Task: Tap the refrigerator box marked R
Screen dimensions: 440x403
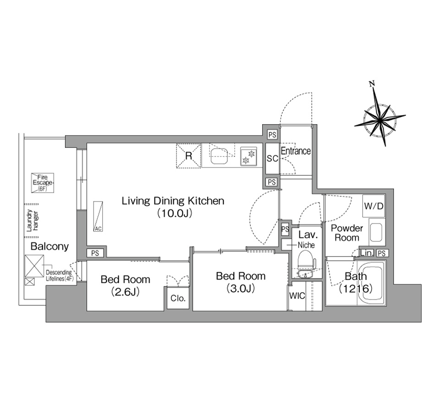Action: click(x=188, y=156)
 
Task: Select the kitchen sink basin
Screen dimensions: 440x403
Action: click(x=219, y=156)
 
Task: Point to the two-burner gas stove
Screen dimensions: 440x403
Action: click(x=248, y=157)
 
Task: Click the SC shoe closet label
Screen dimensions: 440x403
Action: click(x=272, y=159)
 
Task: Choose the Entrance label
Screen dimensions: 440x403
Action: click(x=296, y=151)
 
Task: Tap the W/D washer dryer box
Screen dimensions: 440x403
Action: click(x=374, y=206)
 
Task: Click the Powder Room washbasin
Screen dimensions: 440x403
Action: click(x=375, y=233)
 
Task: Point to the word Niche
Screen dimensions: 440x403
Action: click(x=306, y=245)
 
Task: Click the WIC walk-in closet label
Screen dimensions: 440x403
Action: click(x=297, y=295)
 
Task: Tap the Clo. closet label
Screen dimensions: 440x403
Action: click(x=178, y=298)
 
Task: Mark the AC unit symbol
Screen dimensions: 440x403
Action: click(x=98, y=216)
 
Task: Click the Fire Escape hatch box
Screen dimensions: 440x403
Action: click(x=42, y=183)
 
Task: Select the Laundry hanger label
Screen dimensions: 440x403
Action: click(x=33, y=221)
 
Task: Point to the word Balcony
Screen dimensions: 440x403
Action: click(x=49, y=246)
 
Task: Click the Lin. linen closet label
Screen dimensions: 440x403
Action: click(x=367, y=253)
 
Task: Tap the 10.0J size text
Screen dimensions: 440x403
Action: click(x=175, y=214)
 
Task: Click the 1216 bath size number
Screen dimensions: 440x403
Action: click(x=356, y=289)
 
